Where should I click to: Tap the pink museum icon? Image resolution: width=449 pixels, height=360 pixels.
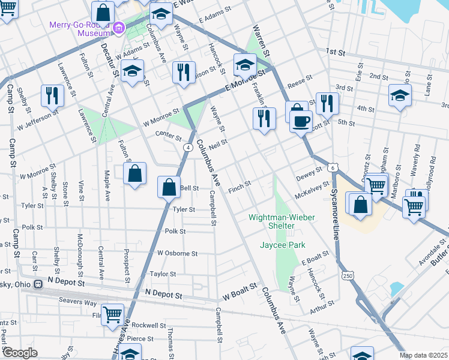pos(119,26)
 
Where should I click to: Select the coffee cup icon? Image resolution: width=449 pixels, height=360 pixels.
pos(301,121)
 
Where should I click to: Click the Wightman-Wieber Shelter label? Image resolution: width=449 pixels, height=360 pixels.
pos(282,217)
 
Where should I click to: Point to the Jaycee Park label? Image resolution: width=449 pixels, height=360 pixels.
pos(282,245)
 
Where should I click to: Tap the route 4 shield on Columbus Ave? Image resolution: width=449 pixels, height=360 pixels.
pos(188,147)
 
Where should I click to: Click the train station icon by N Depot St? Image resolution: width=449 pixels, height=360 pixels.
pos(38,283)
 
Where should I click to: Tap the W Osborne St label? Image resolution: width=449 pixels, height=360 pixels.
pos(178,253)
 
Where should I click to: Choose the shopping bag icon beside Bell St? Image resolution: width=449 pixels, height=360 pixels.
pos(169,187)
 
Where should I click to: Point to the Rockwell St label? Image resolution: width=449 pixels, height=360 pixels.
pos(149,325)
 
